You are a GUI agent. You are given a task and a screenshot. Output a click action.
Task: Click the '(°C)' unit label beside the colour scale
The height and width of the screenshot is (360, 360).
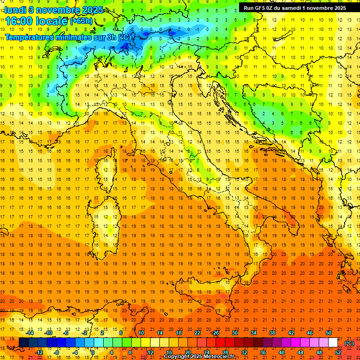(349, 343)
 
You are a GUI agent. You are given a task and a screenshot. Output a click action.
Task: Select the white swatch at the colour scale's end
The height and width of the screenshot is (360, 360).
(333, 343)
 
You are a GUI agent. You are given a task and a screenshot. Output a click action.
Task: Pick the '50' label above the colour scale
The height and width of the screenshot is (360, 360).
(329, 333)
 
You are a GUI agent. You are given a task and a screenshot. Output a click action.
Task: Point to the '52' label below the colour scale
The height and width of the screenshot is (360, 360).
(338, 352)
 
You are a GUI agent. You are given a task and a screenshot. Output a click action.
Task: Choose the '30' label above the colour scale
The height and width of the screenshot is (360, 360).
(234, 333)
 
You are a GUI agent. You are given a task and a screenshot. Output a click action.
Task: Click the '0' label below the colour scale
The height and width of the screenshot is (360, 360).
(93, 352)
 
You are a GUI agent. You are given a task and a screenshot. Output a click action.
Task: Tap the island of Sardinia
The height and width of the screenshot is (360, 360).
(109, 220)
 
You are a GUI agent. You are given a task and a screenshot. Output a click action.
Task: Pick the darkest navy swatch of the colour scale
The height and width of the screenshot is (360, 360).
(23, 343)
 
